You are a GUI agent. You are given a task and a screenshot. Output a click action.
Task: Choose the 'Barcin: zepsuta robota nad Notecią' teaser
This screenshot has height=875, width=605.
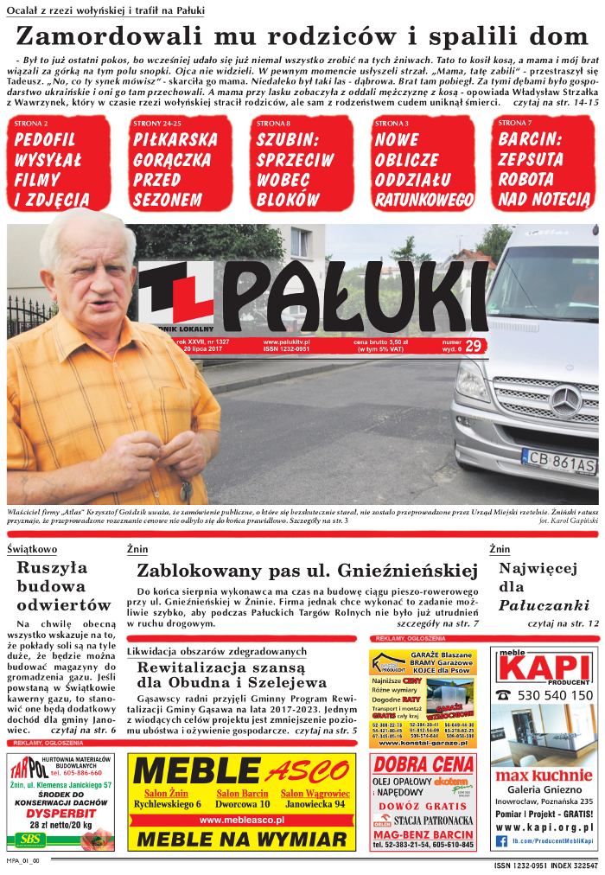coord(543,169)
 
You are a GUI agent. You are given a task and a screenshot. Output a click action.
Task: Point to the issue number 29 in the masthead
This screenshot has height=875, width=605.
coord(473,347)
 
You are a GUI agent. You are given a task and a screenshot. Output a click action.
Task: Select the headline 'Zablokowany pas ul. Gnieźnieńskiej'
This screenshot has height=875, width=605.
coord(307,571)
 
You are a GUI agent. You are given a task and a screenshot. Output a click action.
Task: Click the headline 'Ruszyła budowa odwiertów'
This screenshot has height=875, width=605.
coord(64,586)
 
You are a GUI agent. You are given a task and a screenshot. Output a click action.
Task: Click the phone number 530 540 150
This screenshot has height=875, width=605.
coord(555,694)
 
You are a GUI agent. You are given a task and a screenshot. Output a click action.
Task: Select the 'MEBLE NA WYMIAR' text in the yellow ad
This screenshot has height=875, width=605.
coord(241,839)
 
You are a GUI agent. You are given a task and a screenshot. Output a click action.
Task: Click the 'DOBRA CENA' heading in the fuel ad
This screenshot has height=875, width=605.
coord(423,764)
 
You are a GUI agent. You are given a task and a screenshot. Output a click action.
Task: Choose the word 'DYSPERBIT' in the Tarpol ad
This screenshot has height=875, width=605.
coord(60,813)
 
